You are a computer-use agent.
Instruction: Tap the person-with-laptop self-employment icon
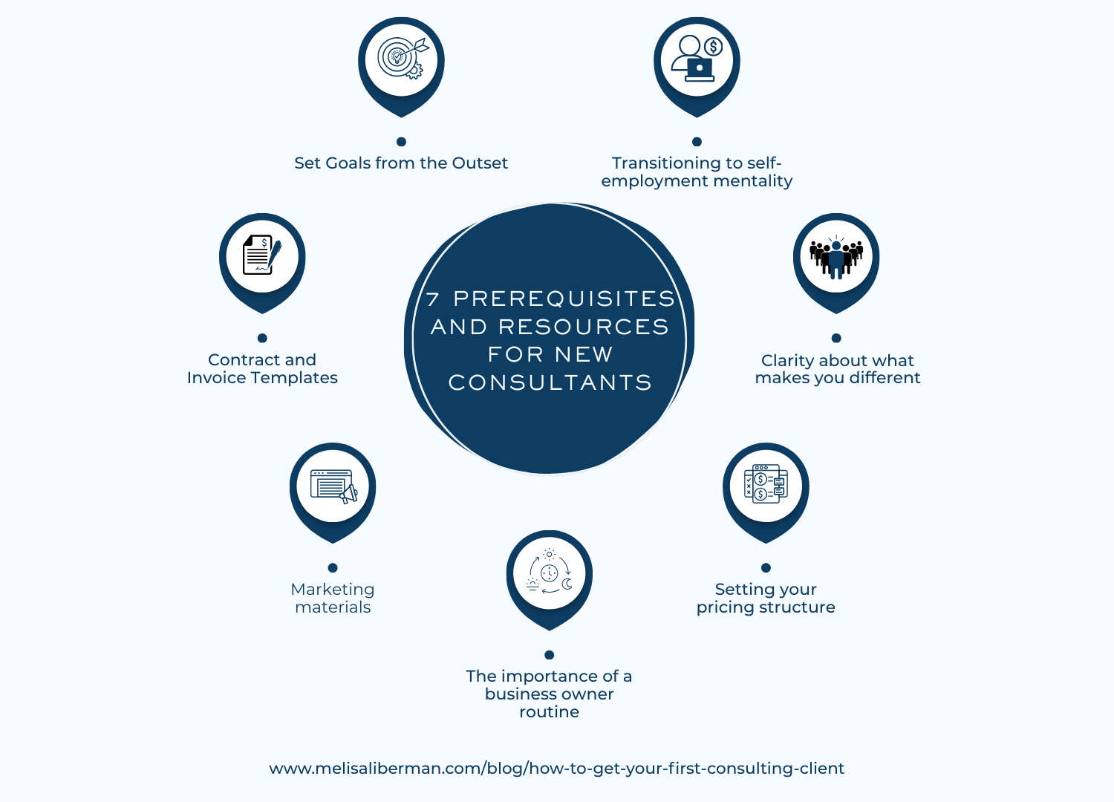pos(697,58)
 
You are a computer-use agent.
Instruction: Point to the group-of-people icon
pos(836,255)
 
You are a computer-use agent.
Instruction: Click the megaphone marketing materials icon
pos(333,486)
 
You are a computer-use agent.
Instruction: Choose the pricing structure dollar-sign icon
pos(766,484)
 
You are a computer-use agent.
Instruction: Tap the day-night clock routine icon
pos(550,573)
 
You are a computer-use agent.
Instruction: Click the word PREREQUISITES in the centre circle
pos(564,299)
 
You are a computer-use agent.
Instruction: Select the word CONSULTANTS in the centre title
pos(550,382)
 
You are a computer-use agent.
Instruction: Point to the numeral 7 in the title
pos(433,299)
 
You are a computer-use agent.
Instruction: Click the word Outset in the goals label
pos(480,163)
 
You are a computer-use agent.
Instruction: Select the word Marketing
pos(333,590)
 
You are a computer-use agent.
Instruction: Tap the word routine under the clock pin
pos(550,712)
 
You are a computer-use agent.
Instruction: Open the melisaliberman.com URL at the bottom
pos(557,769)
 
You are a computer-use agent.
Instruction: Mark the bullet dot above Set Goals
pos(401,142)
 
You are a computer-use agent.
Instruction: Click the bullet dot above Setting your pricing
pos(766,568)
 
